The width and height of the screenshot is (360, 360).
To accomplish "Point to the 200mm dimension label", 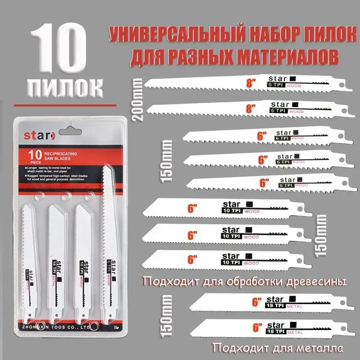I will tap(138, 99).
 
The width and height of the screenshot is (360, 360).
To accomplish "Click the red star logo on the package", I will tap(40, 136).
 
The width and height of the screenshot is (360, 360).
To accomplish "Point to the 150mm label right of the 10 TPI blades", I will tap(320, 235).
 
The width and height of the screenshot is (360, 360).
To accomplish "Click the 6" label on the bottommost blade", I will tap(257, 328).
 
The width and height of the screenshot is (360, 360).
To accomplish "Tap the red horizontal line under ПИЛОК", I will tap(65, 105).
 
